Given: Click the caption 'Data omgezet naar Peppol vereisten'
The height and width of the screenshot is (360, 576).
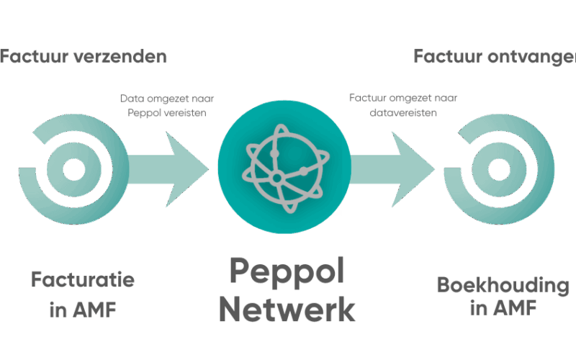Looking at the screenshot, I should (171, 106).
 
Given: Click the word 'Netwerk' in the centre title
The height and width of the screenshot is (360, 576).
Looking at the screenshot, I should (286, 309).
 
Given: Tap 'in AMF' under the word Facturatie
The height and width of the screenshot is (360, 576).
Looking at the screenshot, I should (83, 310).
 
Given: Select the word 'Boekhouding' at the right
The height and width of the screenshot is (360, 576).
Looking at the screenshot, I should (503, 285).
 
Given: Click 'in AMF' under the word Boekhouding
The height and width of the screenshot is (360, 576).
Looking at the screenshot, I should (503, 310).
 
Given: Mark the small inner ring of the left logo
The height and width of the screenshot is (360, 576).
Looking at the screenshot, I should (73, 169).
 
